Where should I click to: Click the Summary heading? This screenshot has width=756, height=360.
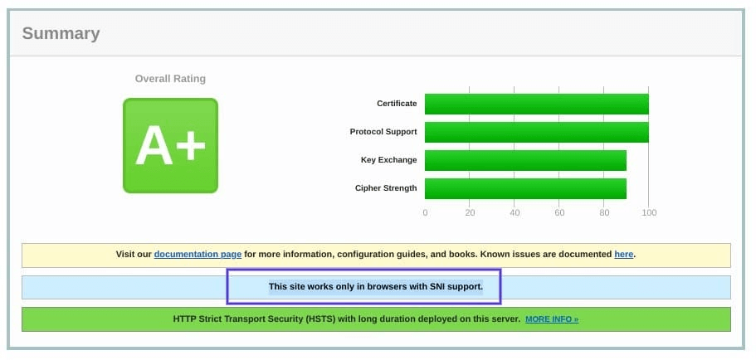click(x=61, y=34)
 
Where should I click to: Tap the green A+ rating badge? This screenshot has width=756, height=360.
click(x=171, y=145)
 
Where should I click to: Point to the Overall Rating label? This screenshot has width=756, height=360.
click(x=170, y=79)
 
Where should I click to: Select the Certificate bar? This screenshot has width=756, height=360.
click(x=537, y=104)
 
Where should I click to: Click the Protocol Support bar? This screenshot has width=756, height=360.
click(x=537, y=132)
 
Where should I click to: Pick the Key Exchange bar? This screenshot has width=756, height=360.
click(x=525, y=160)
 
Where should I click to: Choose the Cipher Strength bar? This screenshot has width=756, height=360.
click(x=525, y=188)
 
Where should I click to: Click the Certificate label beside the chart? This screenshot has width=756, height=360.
click(x=397, y=104)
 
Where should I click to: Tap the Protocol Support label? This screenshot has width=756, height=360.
click(x=383, y=132)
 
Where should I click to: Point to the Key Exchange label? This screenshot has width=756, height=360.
click(x=388, y=160)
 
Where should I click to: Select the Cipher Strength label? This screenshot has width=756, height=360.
click(x=386, y=188)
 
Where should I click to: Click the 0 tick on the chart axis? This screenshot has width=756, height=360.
click(x=425, y=212)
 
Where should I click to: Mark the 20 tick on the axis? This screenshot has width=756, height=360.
click(x=470, y=212)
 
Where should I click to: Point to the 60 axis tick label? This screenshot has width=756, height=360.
click(x=559, y=212)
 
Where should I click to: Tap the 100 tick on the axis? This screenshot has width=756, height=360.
click(x=649, y=212)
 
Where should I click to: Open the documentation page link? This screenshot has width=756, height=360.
click(x=198, y=255)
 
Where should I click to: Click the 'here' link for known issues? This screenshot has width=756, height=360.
click(x=623, y=255)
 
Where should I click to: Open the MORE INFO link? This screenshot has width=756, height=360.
click(x=552, y=319)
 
